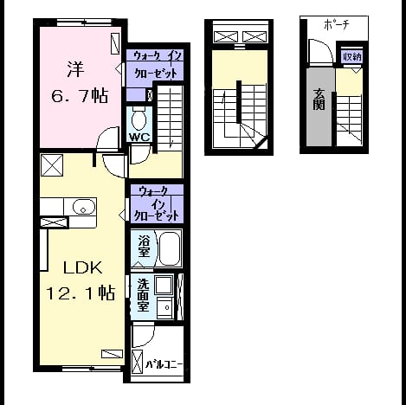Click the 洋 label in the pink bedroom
[x=75, y=69]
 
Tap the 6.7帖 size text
[x=80, y=95]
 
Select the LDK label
[x=82, y=268]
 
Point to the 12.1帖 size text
[x=81, y=292]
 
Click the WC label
[x=139, y=137]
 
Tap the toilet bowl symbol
[x=139, y=119]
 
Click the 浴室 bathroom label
[x=144, y=246]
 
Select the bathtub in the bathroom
[x=170, y=248]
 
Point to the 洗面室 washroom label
[x=143, y=295]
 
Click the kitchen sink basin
[x=84, y=207]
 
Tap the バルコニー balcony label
[x=164, y=364]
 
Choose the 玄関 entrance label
[x=319, y=100]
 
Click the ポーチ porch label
[x=337, y=25]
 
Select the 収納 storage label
[x=351, y=57]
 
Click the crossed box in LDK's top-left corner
[x=52, y=165]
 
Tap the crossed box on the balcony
[x=137, y=362]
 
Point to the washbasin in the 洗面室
[x=165, y=308]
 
